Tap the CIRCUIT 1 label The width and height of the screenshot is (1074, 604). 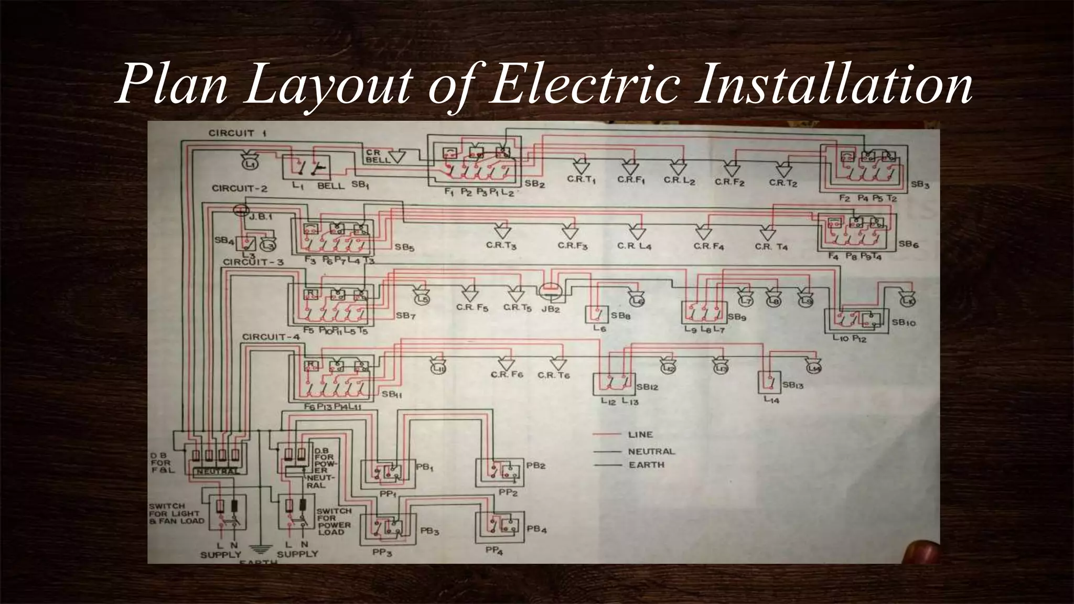(x=238, y=133)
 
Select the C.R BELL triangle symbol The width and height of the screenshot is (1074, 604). (x=397, y=156)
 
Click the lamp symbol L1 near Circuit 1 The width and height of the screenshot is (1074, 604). (x=251, y=163)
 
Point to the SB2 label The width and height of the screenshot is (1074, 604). (x=535, y=185)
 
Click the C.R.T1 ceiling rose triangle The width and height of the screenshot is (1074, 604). (x=581, y=167)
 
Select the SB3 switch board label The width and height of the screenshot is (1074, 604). (x=920, y=185)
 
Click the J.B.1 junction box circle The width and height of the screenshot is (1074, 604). (x=240, y=210)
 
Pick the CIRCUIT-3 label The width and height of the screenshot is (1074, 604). (x=253, y=262)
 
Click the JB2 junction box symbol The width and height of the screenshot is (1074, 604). (x=550, y=292)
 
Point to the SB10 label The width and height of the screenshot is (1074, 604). (x=904, y=323)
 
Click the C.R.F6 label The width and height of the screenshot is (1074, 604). (x=507, y=375)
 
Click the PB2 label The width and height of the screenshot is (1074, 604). (x=536, y=466)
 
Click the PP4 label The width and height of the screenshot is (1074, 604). (x=494, y=550)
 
